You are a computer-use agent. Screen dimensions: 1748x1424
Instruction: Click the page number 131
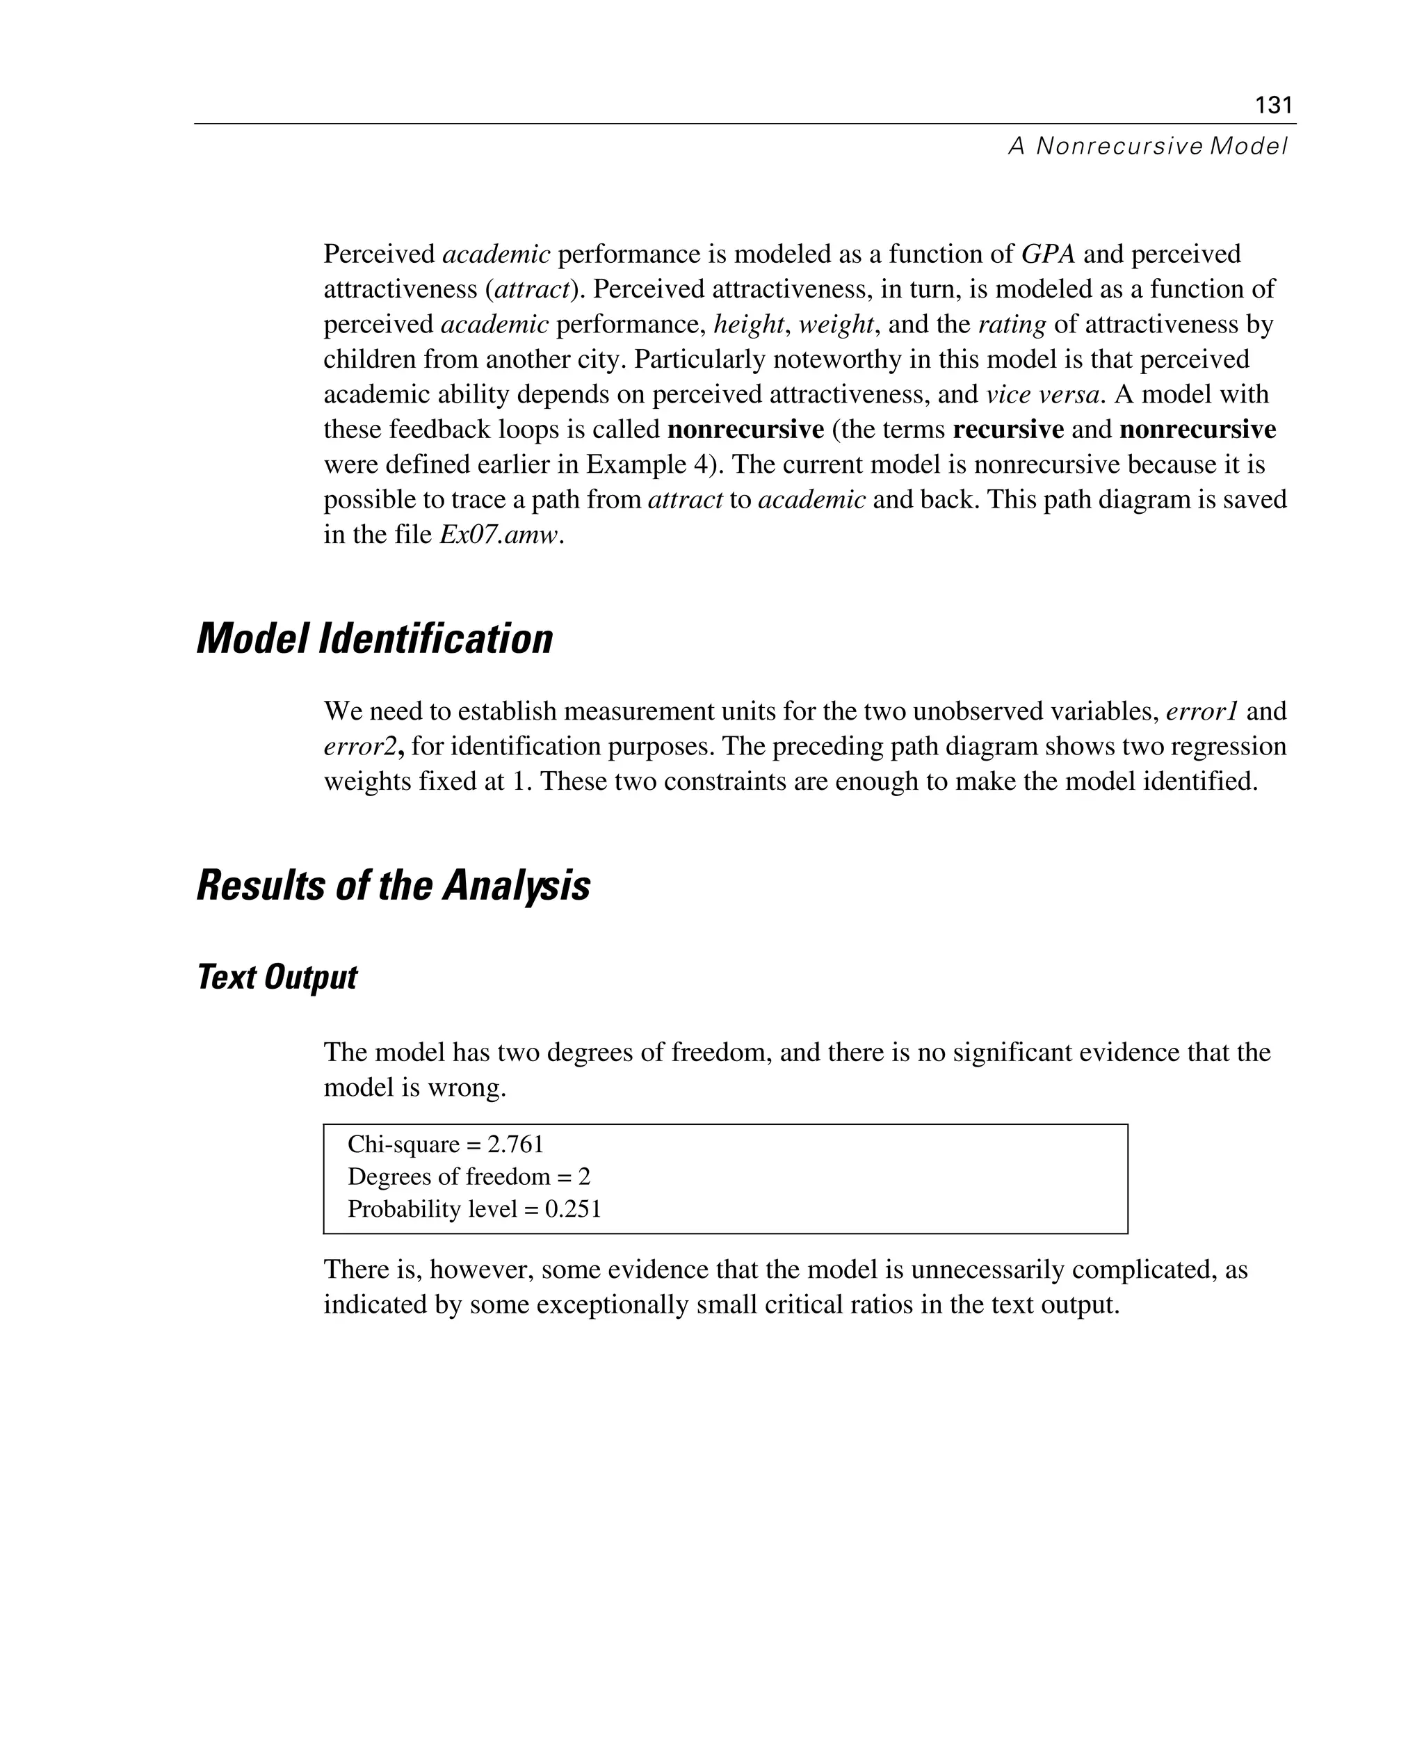pyautogui.click(x=1273, y=105)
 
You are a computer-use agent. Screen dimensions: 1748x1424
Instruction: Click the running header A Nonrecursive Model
pyautogui.click(x=1147, y=146)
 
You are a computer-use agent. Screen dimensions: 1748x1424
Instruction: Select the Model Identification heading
pyautogui.click(x=375, y=639)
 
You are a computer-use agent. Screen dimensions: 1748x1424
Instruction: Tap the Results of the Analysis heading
pyautogui.click(x=393, y=886)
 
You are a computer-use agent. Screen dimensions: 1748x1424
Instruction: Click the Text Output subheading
pyautogui.click(x=277, y=977)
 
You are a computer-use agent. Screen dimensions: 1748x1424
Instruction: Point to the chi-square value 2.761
pyautogui.click(x=515, y=1144)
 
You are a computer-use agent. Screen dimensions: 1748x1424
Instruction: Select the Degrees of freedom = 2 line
pyautogui.click(x=469, y=1176)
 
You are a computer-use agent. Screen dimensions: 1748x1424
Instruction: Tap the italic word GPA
pyautogui.click(x=1048, y=254)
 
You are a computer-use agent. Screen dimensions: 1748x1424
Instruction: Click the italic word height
pyautogui.click(x=748, y=325)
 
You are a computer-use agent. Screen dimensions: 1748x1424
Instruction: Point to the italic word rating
pyautogui.click(x=1012, y=325)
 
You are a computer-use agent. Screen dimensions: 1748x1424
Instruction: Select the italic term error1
pyautogui.click(x=1201, y=711)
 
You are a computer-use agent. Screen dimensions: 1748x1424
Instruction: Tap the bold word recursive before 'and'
pyautogui.click(x=1008, y=430)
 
